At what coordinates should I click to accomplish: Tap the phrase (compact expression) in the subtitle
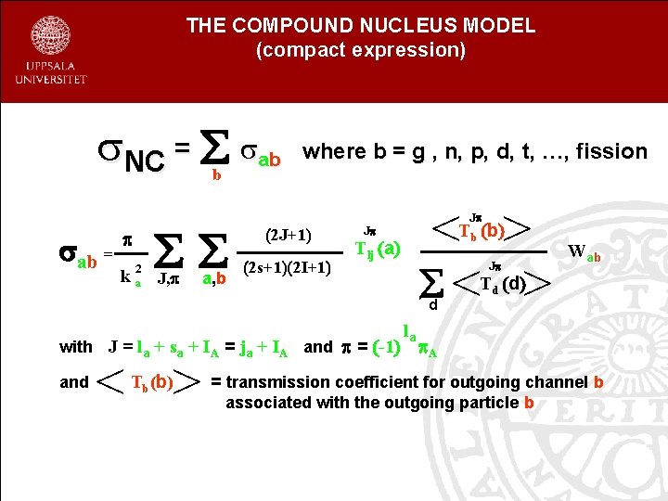(x=360, y=50)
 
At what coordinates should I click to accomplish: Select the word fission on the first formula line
(x=611, y=151)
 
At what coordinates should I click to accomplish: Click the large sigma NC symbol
(x=131, y=156)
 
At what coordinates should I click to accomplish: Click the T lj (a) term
(x=378, y=248)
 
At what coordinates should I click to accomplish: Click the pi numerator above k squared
(x=131, y=239)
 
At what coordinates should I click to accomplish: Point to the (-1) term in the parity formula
(x=383, y=347)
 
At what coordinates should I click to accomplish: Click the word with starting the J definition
(x=76, y=347)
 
